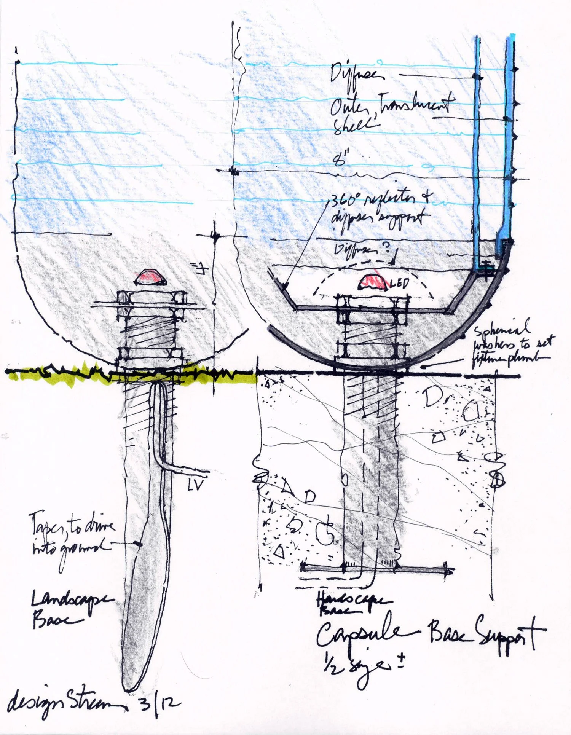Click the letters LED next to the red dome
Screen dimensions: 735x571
coord(400,283)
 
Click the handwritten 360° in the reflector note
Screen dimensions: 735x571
coord(343,201)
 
